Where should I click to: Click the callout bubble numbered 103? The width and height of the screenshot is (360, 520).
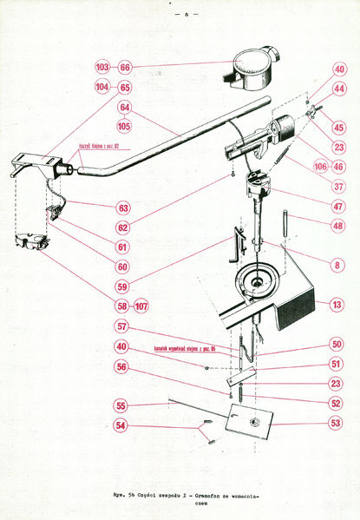pyautogui.click(x=102, y=67)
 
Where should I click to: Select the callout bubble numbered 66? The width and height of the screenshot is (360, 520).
pyautogui.click(x=125, y=67)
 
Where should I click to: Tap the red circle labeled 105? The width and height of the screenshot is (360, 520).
pyautogui.click(x=125, y=127)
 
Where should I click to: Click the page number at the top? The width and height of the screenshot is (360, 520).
pyautogui.click(x=185, y=16)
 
